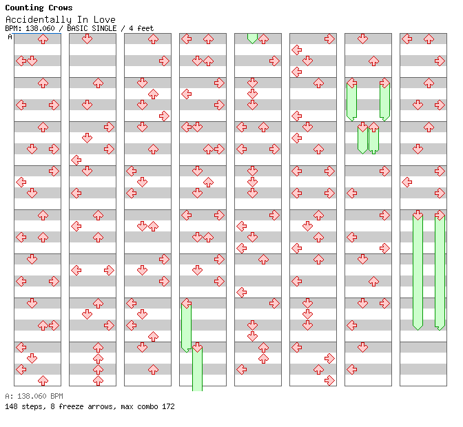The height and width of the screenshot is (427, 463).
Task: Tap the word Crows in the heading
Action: click(x=60, y=8)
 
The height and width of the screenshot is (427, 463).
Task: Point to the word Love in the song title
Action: click(x=104, y=19)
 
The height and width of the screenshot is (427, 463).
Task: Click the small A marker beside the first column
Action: click(x=10, y=37)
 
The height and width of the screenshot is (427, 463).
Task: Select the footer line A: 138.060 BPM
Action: click(x=34, y=396)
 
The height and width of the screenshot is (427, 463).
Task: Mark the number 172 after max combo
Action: click(x=168, y=406)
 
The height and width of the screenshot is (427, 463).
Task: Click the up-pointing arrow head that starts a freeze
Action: click(x=373, y=127)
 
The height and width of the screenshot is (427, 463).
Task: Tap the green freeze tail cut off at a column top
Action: click(x=252, y=38)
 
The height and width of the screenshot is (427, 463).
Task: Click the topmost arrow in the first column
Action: click(x=43, y=39)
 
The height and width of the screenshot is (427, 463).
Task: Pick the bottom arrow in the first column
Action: click(x=43, y=380)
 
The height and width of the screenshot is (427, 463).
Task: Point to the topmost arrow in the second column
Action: click(x=87, y=39)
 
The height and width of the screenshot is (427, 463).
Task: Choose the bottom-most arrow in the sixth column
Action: click(x=329, y=380)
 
